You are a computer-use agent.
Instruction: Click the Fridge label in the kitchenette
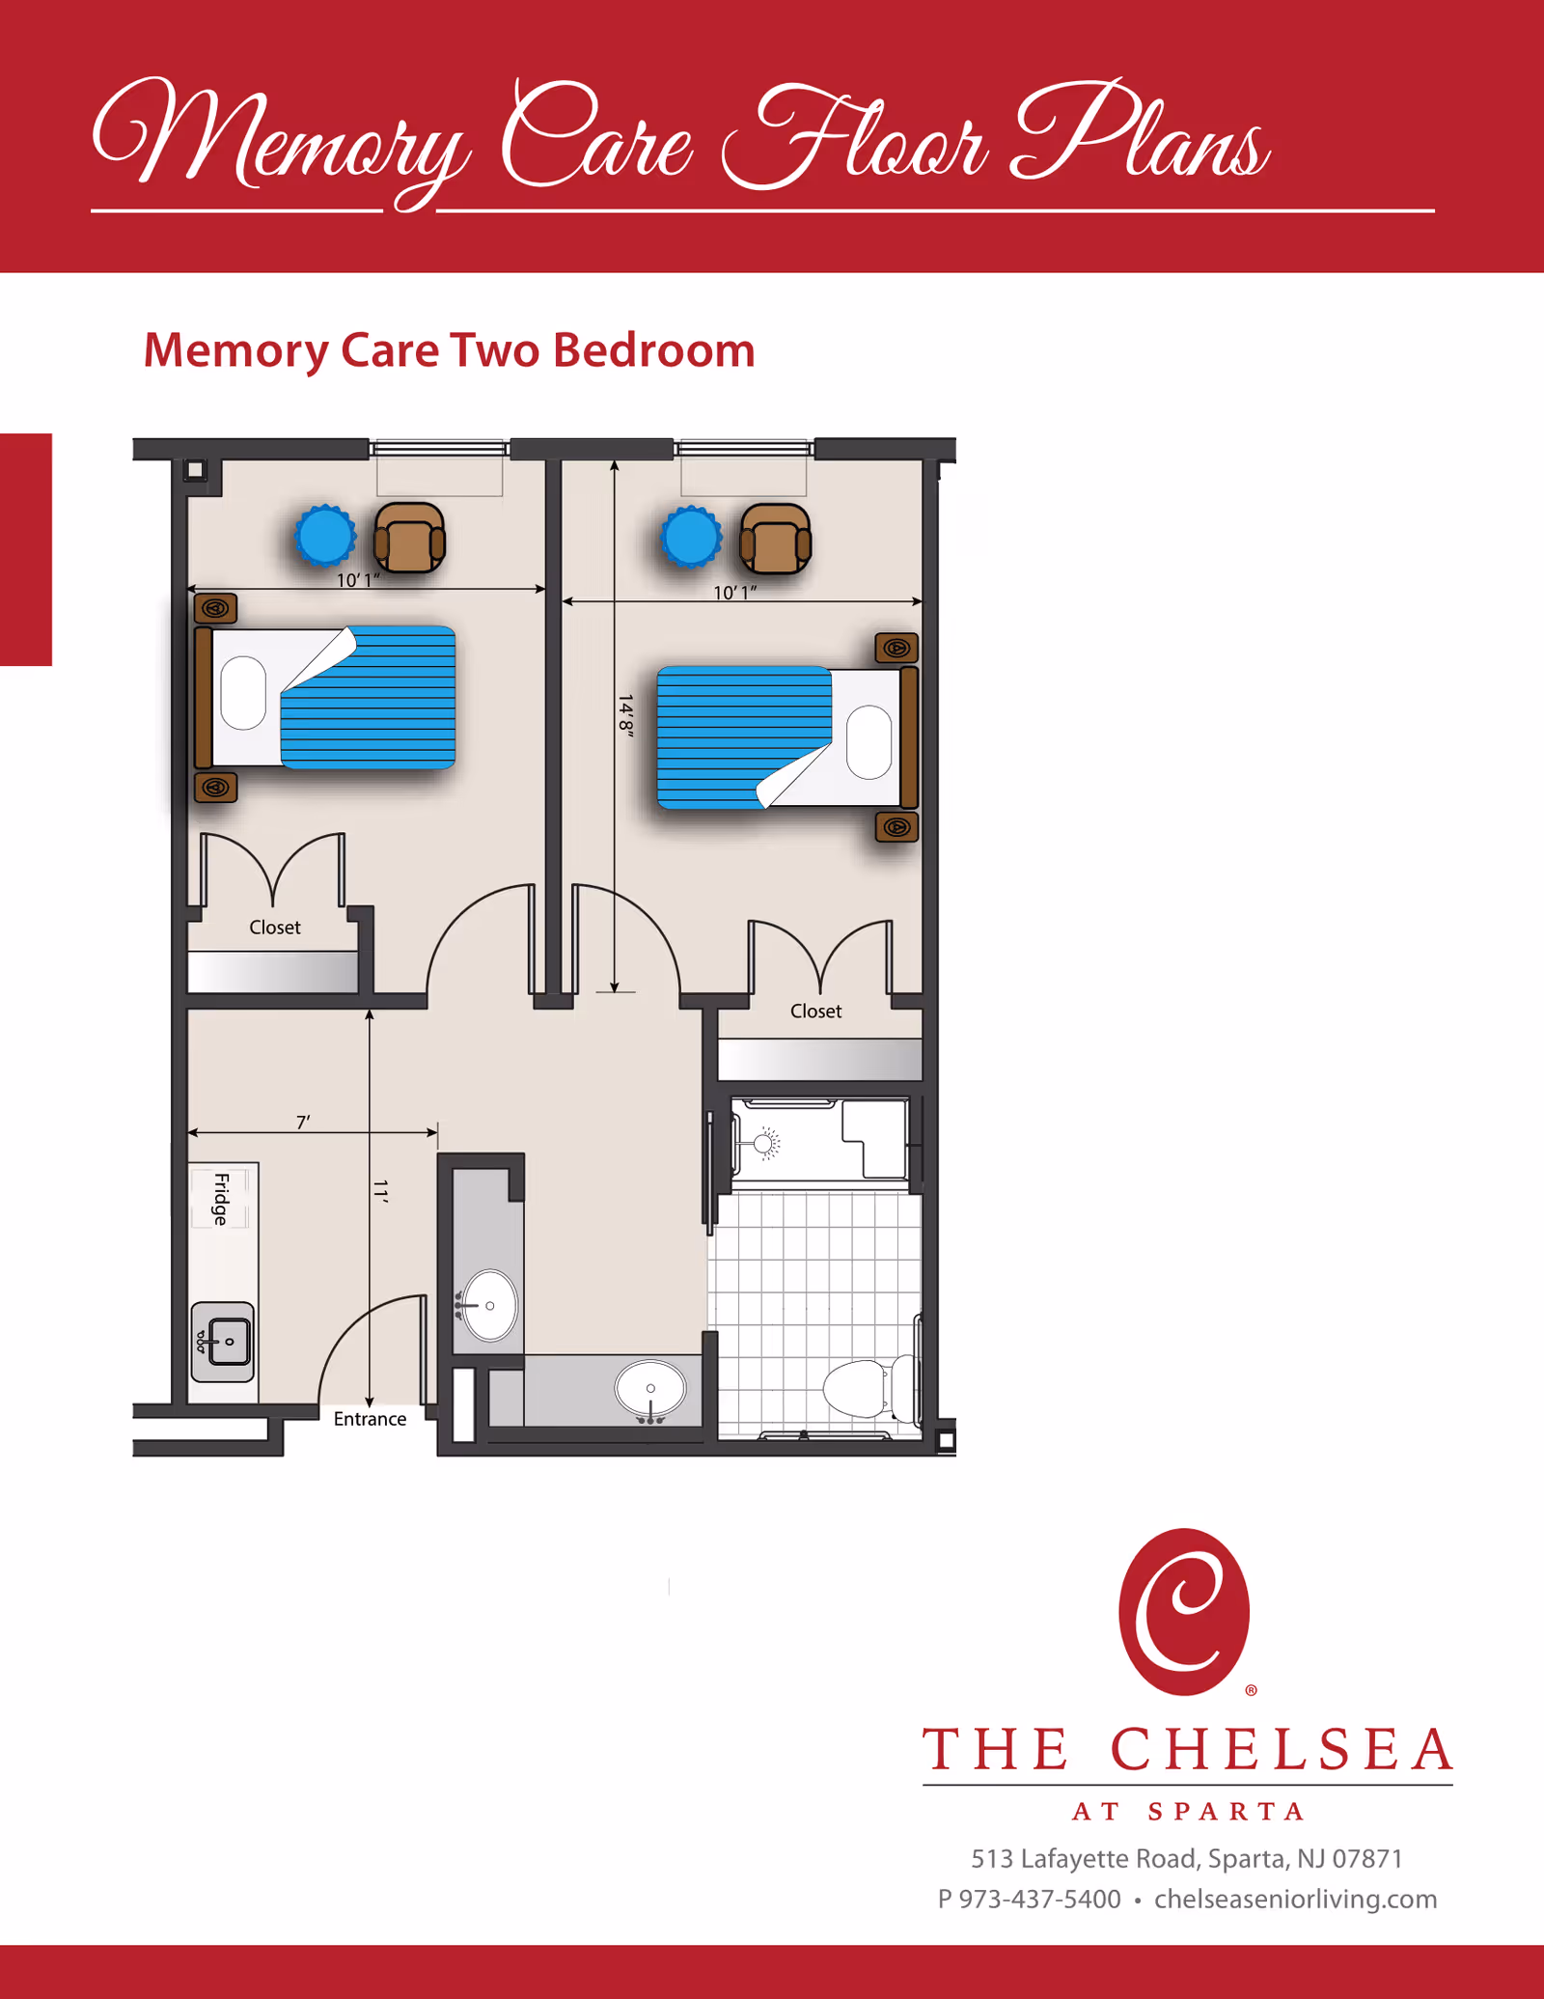(221, 1198)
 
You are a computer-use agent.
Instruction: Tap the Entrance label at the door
(370, 1418)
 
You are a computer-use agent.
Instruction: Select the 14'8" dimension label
(625, 715)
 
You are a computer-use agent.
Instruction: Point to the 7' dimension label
(303, 1122)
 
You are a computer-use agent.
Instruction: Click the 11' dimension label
(380, 1191)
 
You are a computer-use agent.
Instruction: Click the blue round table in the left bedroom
(325, 536)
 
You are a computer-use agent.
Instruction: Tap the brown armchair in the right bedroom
(775, 540)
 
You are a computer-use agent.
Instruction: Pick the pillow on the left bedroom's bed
(243, 693)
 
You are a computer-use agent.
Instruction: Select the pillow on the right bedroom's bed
(868, 741)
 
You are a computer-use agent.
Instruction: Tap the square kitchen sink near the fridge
(223, 1342)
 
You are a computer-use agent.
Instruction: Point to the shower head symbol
(765, 1144)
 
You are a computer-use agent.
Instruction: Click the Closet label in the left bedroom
(275, 928)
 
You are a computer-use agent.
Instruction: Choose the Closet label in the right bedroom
(815, 1011)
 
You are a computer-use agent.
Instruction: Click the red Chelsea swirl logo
(1184, 1612)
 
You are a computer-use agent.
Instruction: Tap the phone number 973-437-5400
(1039, 1899)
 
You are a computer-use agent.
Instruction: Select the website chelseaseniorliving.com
(1295, 1899)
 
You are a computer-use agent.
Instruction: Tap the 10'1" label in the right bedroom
(734, 593)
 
